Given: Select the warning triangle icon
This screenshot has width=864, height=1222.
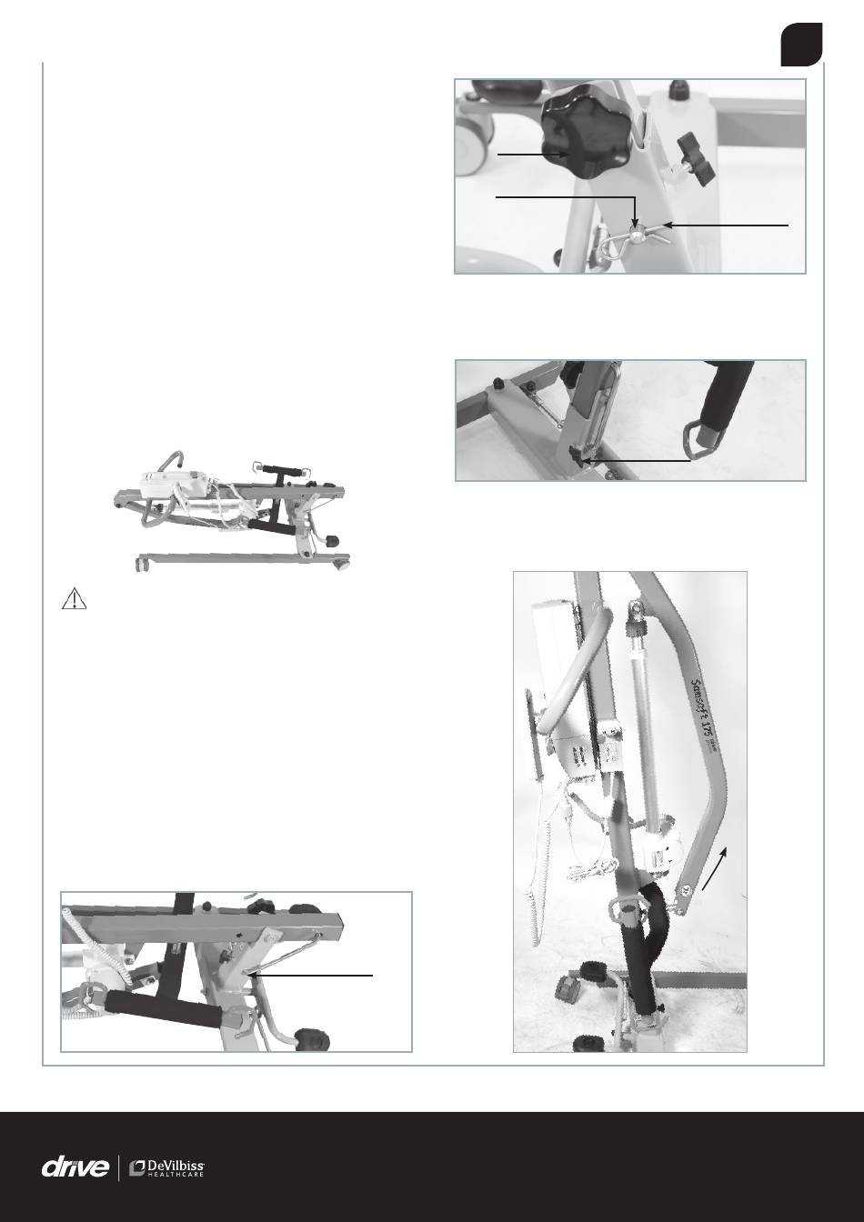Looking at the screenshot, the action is click(75, 599).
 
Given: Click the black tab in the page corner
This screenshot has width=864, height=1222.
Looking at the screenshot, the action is click(801, 45).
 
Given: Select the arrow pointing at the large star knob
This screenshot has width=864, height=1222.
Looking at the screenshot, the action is click(533, 155).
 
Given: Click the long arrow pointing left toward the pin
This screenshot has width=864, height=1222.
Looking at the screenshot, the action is click(727, 224).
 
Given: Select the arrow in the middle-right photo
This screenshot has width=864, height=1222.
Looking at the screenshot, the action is click(636, 460).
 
